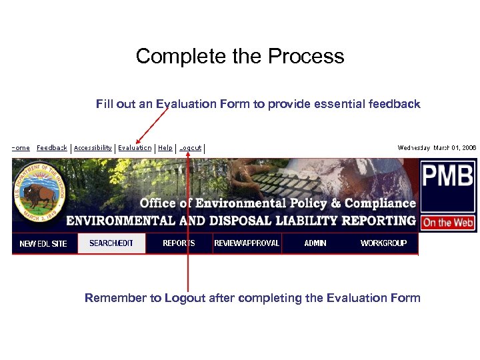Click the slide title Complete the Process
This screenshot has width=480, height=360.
(x=240, y=56)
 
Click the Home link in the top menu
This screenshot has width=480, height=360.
(x=21, y=148)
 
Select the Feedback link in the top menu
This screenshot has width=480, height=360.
(x=52, y=148)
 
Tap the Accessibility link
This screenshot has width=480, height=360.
(x=93, y=148)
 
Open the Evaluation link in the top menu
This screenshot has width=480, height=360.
(x=135, y=148)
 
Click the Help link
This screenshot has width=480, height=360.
(x=165, y=148)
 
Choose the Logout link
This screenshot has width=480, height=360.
(x=191, y=148)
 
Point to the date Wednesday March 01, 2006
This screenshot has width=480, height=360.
(x=437, y=148)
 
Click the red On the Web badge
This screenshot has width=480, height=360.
(x=448, y=223)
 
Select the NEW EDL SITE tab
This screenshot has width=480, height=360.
(x=43, y=243)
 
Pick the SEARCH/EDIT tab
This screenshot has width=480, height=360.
(x=111, y=243)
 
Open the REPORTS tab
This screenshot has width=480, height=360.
(x=179, y=243)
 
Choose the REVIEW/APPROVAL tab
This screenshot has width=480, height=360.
(x=247, y=243)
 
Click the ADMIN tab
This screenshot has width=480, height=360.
(x=315, y=243)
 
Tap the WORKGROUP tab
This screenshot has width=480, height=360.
(x=383, y=243)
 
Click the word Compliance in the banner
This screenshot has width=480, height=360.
(x=381, y=203)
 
